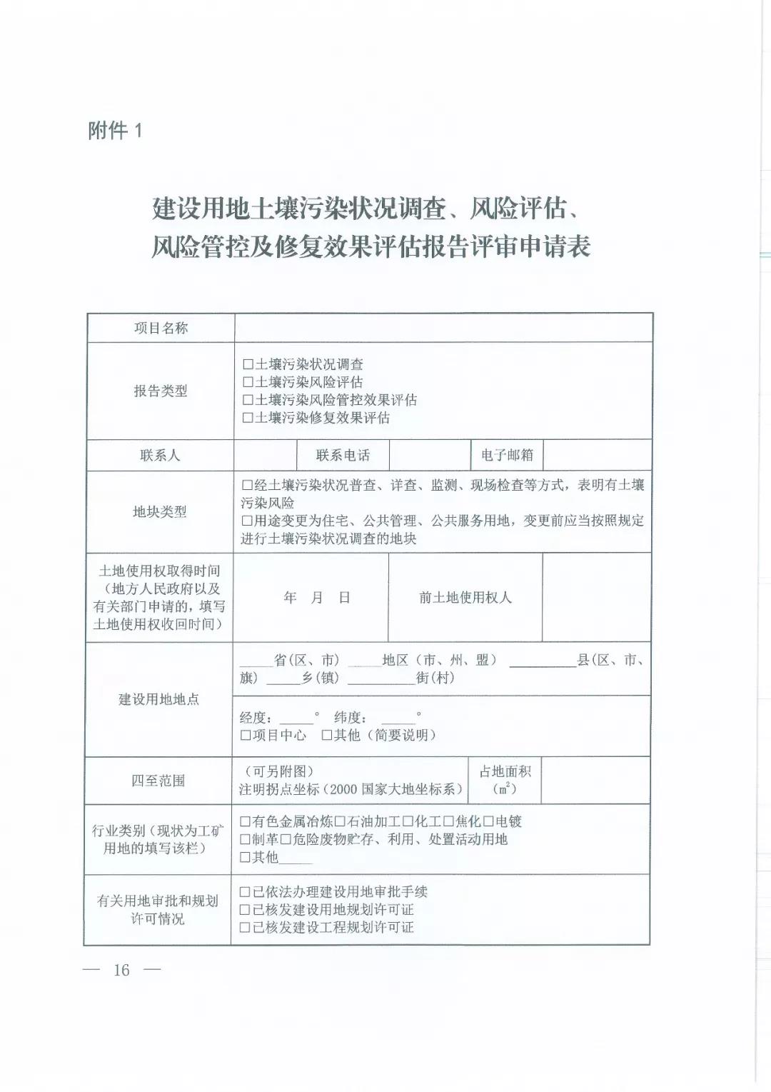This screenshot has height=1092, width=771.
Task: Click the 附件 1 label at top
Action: point(115,131)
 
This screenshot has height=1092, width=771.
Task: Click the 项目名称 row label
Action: point(161,329)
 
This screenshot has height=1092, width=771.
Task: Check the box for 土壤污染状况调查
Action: point(248,365)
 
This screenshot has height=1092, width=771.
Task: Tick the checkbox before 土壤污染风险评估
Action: point(248,383)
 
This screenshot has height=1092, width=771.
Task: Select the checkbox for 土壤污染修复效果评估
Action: point(248,419)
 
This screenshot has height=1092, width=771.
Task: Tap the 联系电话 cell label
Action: point(343,456)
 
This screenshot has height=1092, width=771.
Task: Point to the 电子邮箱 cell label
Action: point(507,456)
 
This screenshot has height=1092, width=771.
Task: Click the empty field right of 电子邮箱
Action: point(597,456)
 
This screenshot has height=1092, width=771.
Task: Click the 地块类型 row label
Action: point(160,512)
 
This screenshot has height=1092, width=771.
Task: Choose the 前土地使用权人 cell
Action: point(465,598)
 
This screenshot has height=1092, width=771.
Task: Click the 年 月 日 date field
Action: point(316,598)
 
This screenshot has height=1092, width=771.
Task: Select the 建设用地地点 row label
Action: point(158,700)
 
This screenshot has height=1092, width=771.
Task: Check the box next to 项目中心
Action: point(246,736)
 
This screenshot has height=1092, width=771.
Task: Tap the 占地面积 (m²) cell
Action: point(505,780)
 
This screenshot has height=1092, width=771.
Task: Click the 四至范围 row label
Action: point(158,781)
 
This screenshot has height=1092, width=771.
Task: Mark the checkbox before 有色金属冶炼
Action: point(245,822)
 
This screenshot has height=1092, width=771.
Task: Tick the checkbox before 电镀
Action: point(489,822)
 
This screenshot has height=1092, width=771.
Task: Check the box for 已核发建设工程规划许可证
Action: point(245,928)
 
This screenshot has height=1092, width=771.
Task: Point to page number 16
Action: point(121,970)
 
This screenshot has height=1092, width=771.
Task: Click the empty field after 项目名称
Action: point(443,329)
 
